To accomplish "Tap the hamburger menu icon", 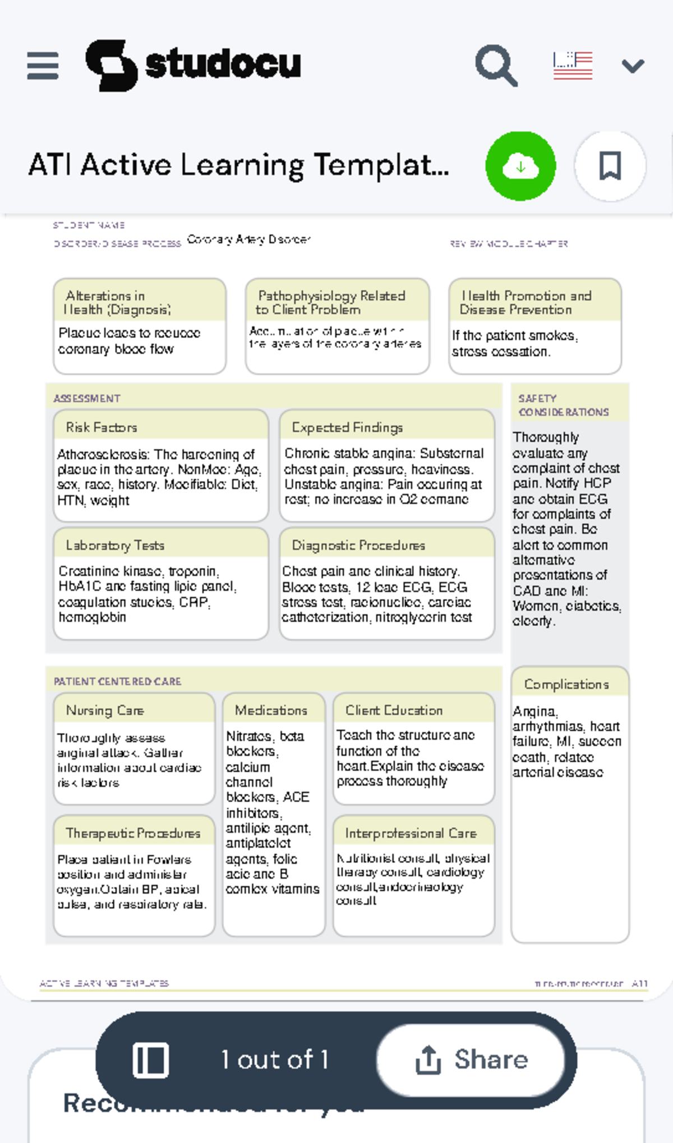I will [x=43, y=66].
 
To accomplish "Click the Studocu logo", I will [x=193, y=65].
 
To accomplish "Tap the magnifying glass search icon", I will [x=496, y=66].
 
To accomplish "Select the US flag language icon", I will [x=573, y=66].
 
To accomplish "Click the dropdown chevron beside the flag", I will [x=633, y=66].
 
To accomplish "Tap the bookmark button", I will [x=610, y=166].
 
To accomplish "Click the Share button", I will [x=471, y=1060].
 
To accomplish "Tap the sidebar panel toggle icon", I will [x=150, y=1060].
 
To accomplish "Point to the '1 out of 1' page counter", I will [x=274, y=1060].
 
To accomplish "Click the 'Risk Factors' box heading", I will [x=102, y=427].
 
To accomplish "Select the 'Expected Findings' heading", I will [x=347, y=427].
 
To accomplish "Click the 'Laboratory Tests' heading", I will [x=115, y=545].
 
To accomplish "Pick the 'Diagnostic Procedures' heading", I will [x=358, y=545].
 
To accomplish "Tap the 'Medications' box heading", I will [x=271, y=710].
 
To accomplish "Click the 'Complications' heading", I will [x=566, y=684].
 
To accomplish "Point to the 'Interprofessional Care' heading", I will [x=411, y=833].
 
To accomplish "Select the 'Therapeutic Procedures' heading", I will [x=133, y=833].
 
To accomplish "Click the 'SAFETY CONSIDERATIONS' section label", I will [x=563, y=405].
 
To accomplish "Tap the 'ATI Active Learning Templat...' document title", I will [x=238, y=165].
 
